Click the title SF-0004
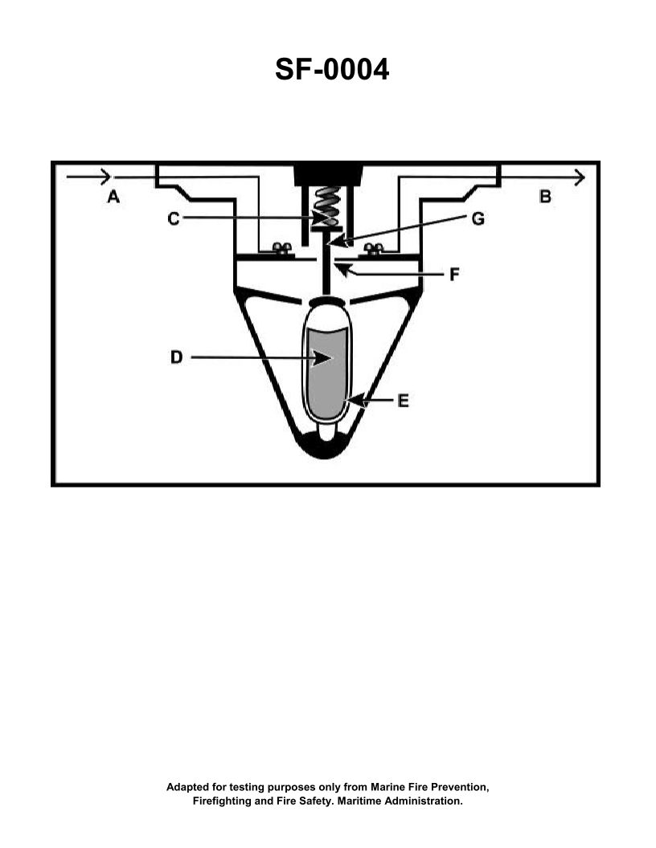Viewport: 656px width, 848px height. [x=332, y=70]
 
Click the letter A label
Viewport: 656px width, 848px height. [x=113, y=196]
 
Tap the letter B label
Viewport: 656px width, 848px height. [x=545, y=196]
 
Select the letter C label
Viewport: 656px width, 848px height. [x=174, y=218]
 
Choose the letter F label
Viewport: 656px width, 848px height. [x=454, y=275]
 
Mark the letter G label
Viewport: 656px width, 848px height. [x=478, y=218]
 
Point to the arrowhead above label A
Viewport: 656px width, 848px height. [x=103, y=175]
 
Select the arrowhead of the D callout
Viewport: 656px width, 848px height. [x=326, y=358]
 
